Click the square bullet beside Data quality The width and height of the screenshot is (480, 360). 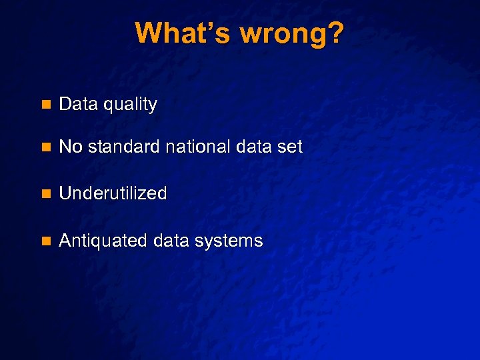point(45,105)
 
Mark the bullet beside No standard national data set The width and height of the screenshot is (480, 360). point(45,147)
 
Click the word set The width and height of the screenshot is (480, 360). point(291,147)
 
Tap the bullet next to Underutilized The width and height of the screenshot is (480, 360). point(45,194)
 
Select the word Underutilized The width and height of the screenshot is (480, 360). point(113,193)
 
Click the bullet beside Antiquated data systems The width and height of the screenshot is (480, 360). point(45,241)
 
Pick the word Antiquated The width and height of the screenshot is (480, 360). point(103,241)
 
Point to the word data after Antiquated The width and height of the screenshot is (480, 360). point(170,241)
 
